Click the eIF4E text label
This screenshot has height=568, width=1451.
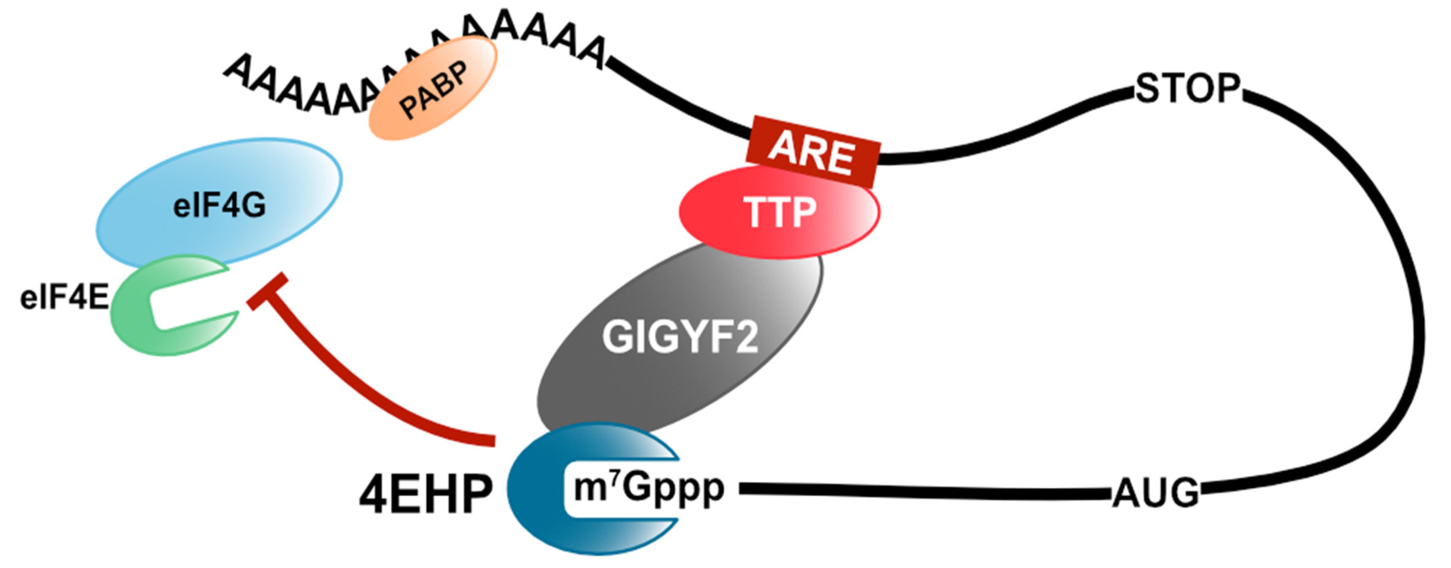click(63, 298)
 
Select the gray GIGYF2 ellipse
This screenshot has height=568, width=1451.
click(679, 338)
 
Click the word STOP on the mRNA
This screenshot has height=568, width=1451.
click(1187, 88)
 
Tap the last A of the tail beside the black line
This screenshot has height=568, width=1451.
click(590, 55)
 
